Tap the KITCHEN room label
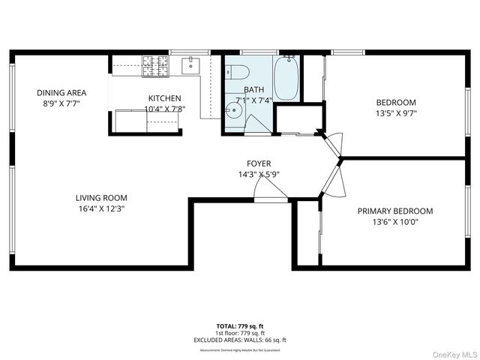coord(164,98)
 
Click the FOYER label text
coord(259,163)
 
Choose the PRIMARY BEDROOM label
coord(405,211)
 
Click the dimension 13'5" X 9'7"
coord(395,114)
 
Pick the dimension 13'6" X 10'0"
coord(405,223)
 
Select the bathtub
coord(286,77)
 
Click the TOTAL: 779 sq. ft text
coord(240,326)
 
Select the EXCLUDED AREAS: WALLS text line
coord(240,340)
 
